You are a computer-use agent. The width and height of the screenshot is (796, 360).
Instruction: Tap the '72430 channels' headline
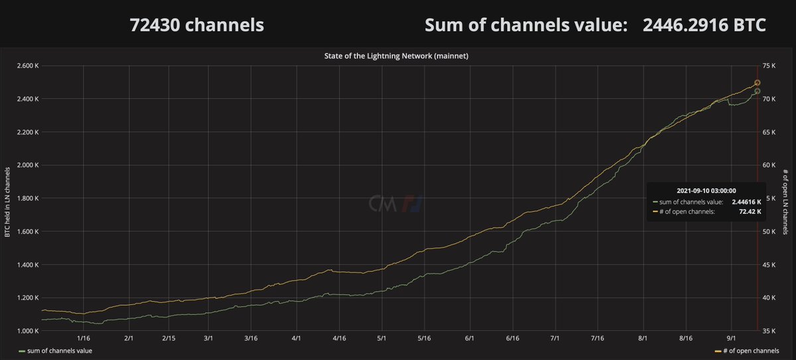tap(196, 25)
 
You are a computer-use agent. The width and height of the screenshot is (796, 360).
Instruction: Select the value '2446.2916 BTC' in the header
tap(704, 25)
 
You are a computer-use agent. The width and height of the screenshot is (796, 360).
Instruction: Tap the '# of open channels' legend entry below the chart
tap(747, 350)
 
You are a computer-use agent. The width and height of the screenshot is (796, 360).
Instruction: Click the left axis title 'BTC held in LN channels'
tap(7, 198)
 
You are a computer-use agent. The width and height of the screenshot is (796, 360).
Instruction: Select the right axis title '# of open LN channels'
tap(786, 198)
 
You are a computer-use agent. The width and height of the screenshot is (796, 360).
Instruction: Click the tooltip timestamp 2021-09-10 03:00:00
tap(704, 190)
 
